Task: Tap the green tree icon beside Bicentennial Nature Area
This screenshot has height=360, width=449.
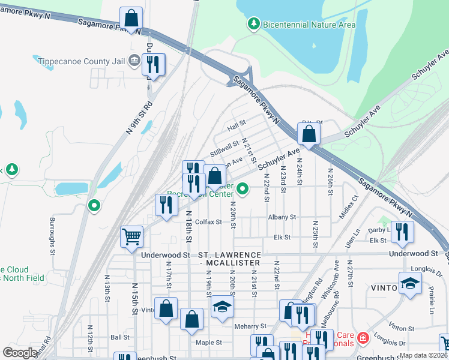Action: (254, 24)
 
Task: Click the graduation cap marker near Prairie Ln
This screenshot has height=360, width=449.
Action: (410, 284)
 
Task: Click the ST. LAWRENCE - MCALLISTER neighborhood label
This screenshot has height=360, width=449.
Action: (230, 259)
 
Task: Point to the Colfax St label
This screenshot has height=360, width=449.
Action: (208, 221)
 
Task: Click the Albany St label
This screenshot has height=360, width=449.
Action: (283, 217)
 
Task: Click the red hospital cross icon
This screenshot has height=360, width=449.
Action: (362, 339)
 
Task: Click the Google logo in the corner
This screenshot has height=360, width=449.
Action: (20, 353)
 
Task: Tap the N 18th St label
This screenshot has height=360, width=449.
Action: (188, 227)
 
